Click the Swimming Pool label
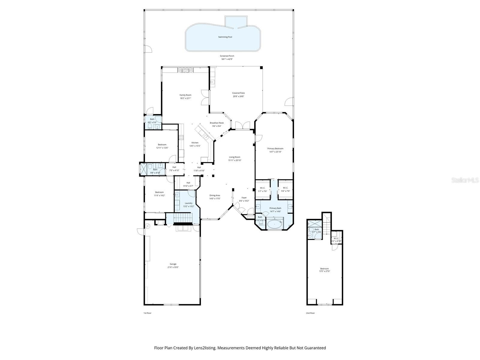pyautogui.click(x=225, y=37)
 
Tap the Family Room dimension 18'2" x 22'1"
pyautogui.click(x=185, y=98)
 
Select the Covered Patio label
pyautogui.click(x=238, y=93)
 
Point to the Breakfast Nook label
pyautogui.click(x=217, y=123)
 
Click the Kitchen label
pyautogui.click(x=195, y=143)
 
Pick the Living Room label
pyautogui.click(x=235, y=157)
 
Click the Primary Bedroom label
pyautogui.click(x=275, y=148)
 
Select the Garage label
pyautogui.click(x=173, y=264)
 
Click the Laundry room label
pyautogui.click(x=188, y=203)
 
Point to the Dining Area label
pyautogui.click(x=215, y=195)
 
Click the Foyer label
pyautogui.click(x=244, y=198)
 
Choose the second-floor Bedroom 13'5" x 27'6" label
pyautogui.click(x=324, y=268)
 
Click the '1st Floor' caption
pyautogui.click(x=147, y=313)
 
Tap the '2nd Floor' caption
pyautogui.click(x=310, y=313)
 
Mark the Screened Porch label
pyautogui.click(x=227, y=56)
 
